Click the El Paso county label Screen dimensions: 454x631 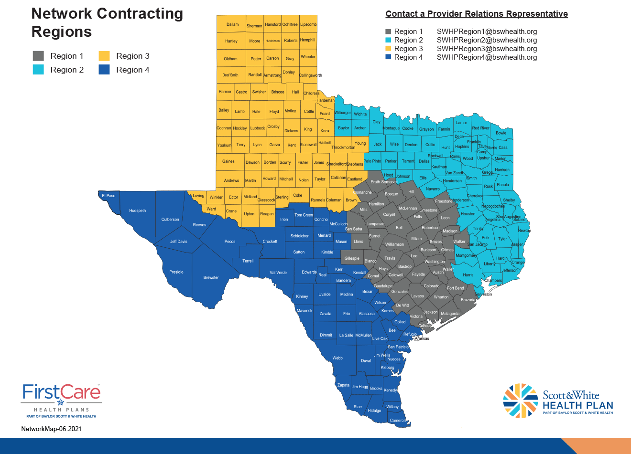(x=109, y=196)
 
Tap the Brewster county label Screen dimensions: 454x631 (x=211, y=277)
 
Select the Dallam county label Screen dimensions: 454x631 (x=232, y=24)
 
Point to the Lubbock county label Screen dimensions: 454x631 (x=258, y=128)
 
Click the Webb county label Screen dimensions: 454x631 (x=337, y=358)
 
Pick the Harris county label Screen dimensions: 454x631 (x=468, y=275)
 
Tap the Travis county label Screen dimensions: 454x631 (x=390, y=258)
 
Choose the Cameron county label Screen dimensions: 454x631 (x=398, y=421)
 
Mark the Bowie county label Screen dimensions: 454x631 (x=501, y=133)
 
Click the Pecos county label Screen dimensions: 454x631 (x=230, y=242)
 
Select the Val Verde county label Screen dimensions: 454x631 (x=278, y=273)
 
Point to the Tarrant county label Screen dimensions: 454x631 (x=408, y=161)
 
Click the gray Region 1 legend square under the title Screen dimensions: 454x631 (x=38, y=56)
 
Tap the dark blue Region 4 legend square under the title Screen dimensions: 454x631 (x=104, y=70)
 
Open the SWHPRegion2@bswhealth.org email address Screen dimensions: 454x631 (x=487, y=40)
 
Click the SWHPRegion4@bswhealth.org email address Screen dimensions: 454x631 (x=487, y=57)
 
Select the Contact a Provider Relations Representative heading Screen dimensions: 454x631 (x=477, y=14)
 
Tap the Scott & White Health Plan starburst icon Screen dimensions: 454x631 (x=520, y=401)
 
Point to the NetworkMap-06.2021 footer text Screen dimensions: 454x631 (x=52, y=429)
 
